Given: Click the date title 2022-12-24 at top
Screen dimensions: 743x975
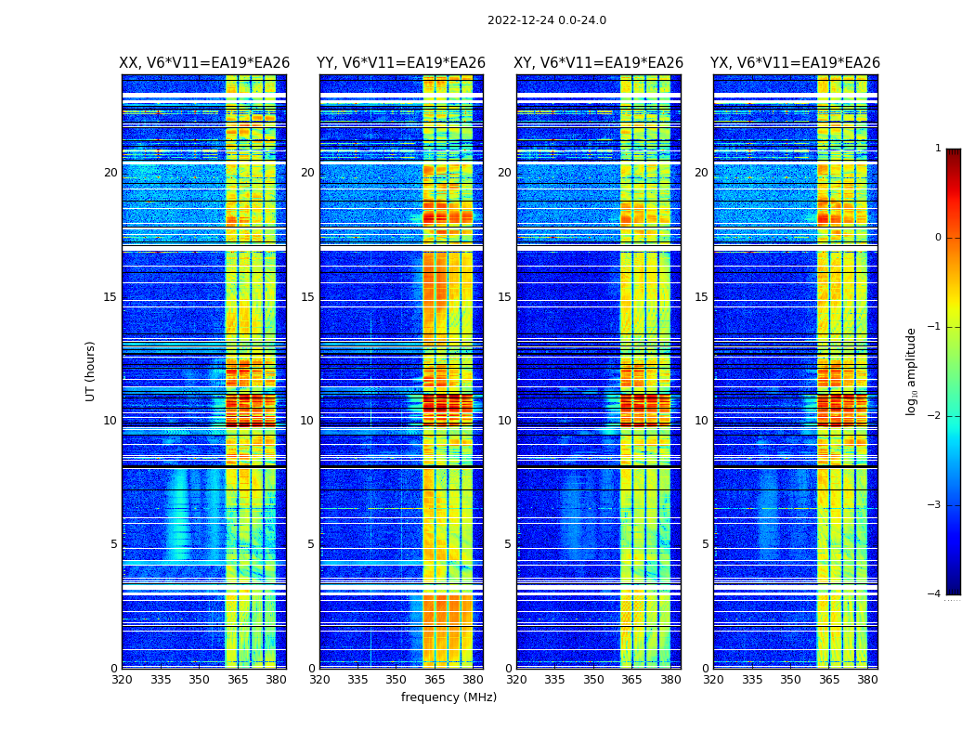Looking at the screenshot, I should tap(546, 20).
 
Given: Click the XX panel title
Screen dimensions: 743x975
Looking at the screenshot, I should tap(204, 63).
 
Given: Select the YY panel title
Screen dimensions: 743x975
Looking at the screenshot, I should tap(401, 63).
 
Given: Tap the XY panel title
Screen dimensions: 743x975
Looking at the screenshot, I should tap(598, 63).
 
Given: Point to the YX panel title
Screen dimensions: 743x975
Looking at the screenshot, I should tap(795, 63).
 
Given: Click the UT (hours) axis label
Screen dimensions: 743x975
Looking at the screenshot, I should tap(91, 371).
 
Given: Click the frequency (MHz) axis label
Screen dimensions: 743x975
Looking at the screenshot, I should tap(448, 697).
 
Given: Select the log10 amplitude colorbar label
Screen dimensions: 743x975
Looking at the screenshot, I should tap(912, 371).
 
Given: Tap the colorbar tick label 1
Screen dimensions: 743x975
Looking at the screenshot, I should tap(938, 149).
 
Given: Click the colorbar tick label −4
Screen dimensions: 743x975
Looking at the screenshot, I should tap(936, 594).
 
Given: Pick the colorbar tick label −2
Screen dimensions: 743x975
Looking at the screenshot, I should tap(936, 416).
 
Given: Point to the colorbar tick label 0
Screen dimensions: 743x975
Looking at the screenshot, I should tap(938, 238).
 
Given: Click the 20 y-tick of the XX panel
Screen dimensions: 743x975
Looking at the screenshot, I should tap(110, 173).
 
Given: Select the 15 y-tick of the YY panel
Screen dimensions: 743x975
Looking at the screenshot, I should tap(306, 297).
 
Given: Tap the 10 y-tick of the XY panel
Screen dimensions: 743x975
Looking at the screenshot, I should tap(503, 421).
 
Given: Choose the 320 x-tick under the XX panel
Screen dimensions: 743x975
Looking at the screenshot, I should tap(122, 680).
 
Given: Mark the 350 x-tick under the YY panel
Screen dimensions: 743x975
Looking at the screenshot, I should tap(396, 680).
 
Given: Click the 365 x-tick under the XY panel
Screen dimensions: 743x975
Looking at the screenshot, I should tap(632, 680).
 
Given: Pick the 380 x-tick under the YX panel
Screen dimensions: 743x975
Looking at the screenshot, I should tap(867, 680).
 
